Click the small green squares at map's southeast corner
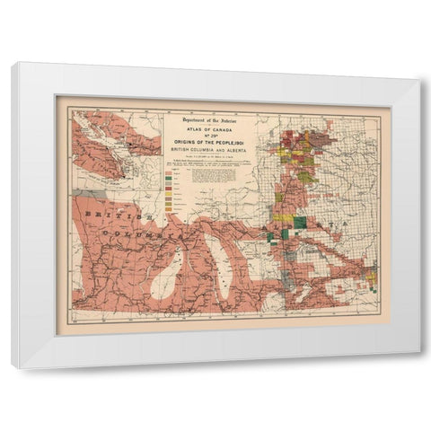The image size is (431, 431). pos(370,285)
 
